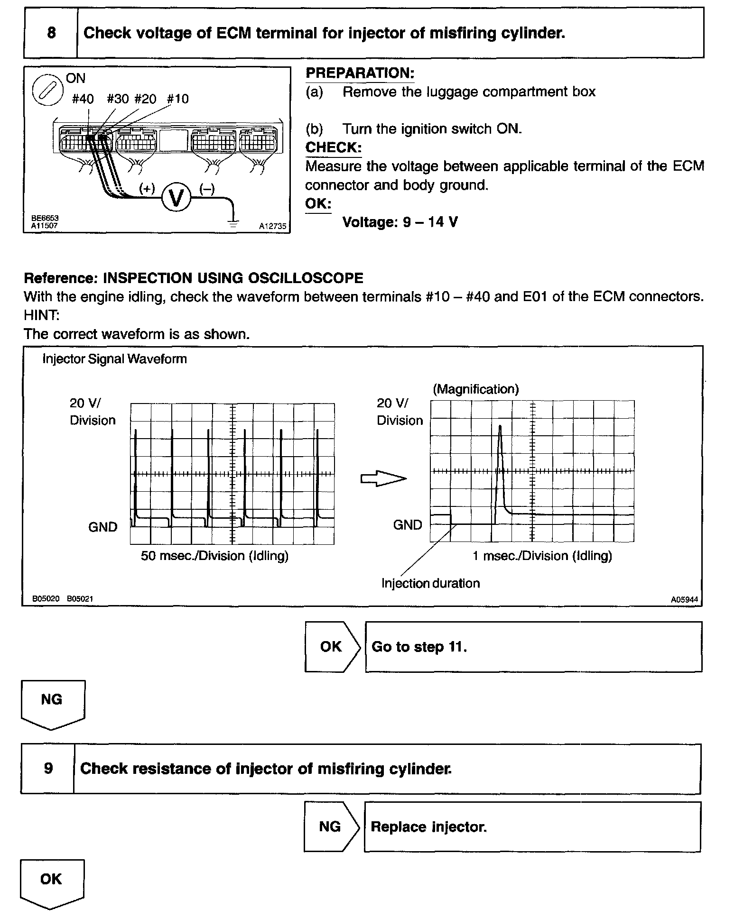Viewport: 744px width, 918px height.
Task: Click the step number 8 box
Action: (51, 33)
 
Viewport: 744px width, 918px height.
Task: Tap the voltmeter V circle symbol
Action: (176, 198)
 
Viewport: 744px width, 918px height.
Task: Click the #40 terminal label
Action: (83, 99)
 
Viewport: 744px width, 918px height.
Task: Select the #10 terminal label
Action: (178, 99)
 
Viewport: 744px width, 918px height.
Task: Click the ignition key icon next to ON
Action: (48, 90)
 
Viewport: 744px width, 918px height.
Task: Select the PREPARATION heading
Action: (360, 73)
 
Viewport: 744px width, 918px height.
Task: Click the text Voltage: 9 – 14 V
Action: (400, 222)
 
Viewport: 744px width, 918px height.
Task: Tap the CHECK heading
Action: (333, 147)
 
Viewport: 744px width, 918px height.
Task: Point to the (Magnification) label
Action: (475, 389)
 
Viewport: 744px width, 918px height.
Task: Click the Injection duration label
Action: (430, 583)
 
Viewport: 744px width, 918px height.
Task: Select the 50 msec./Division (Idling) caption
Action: (214, 556)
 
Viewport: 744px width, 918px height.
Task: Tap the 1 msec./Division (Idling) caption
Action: (542, 556)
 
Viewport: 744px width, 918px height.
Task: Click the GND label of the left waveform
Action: (102, 527)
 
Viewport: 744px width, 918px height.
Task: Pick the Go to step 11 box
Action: (533, 647)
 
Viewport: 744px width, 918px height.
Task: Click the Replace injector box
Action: (532, 827)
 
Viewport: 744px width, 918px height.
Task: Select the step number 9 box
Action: (48, 769)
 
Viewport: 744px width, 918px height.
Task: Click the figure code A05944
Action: (684, 599)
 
